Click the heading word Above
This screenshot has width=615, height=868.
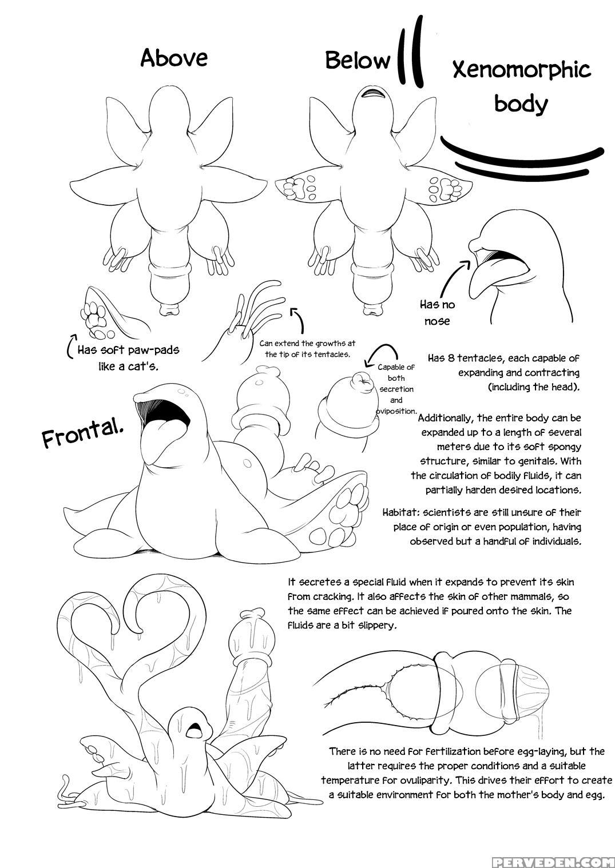174,58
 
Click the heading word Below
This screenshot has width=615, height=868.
358,61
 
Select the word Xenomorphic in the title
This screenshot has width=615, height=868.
522,70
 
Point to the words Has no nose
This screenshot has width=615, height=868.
438,313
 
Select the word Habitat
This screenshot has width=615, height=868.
401,513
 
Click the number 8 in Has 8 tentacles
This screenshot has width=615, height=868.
451,358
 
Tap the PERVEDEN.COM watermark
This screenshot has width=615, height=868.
553,861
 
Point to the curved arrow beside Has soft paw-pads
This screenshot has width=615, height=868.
71,344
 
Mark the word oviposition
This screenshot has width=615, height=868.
396,411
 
